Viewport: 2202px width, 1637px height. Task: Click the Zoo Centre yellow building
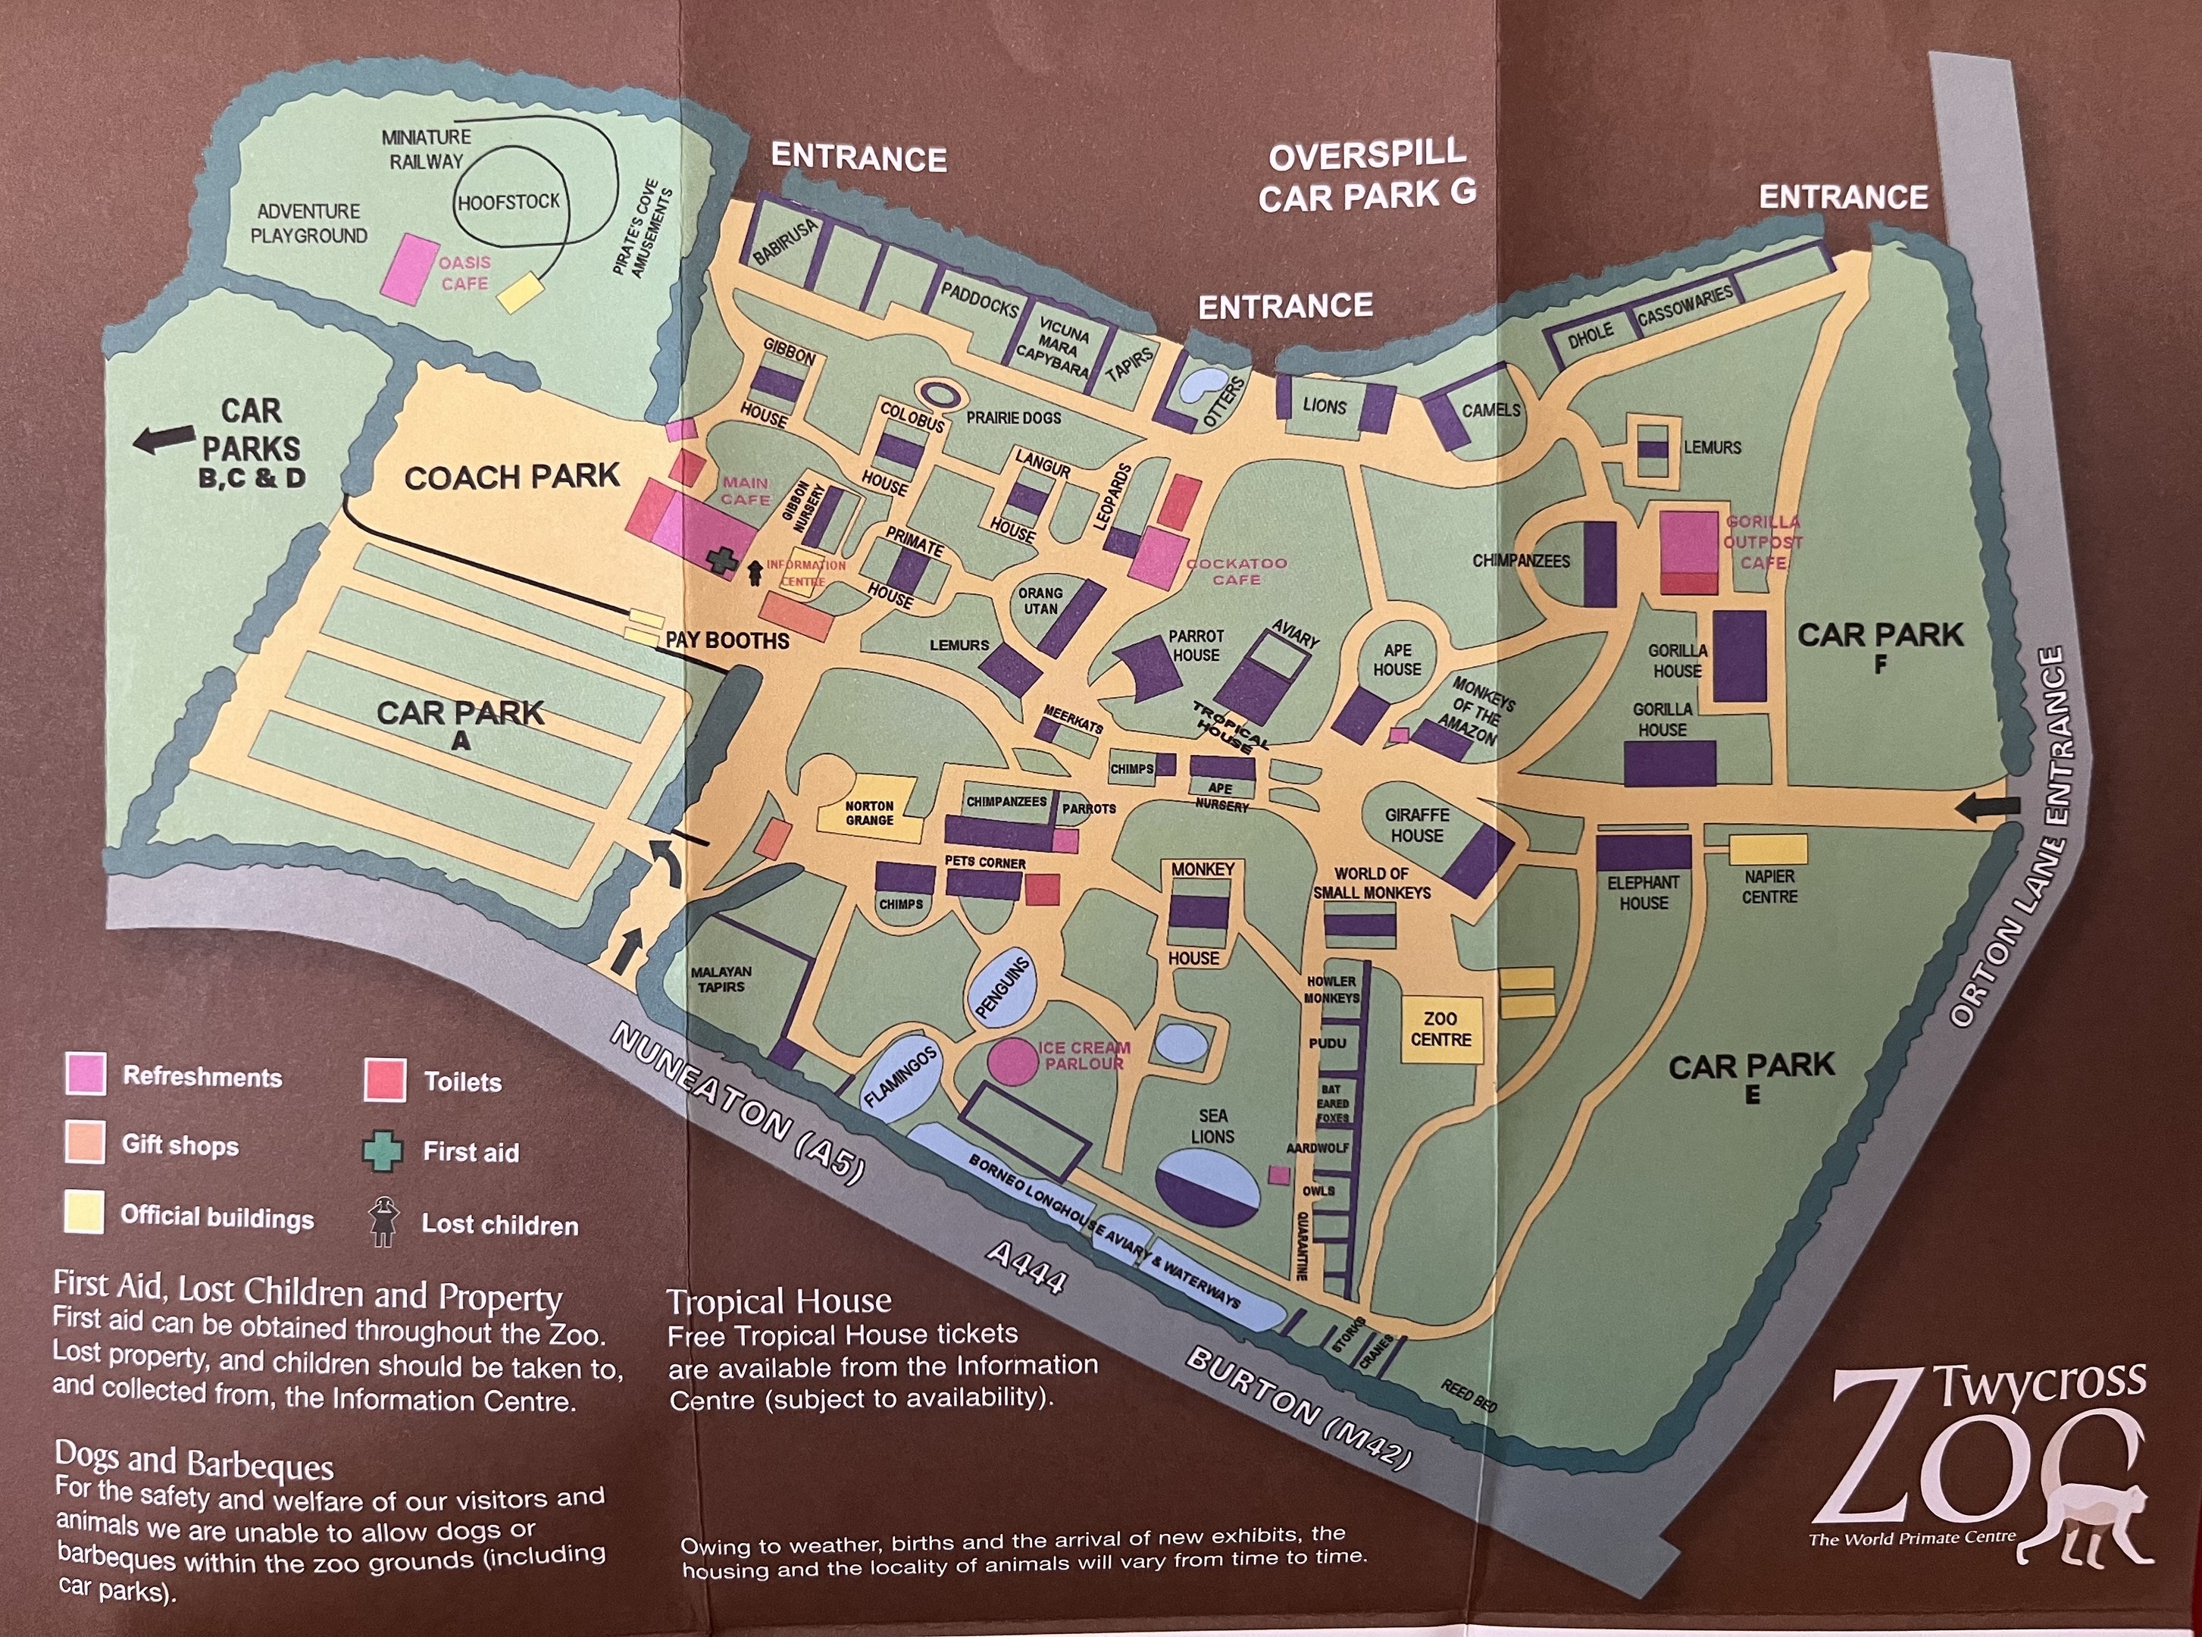(1440, 1029)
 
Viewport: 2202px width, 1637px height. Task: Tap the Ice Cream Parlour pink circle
(1012, 1060)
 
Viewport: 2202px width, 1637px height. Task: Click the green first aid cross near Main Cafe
(722, 560)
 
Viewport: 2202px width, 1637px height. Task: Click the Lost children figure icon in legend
(381, 1221)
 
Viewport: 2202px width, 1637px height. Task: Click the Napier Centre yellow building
(1768, 850)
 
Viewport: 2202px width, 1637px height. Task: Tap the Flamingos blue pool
(899, 1079)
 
